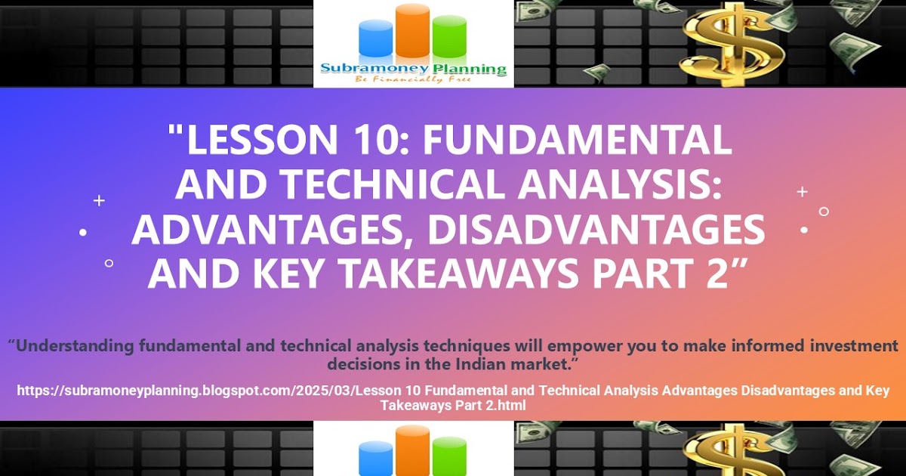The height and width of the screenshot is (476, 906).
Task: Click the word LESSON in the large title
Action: [262, 139]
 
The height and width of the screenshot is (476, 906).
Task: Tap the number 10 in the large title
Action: [379, 139]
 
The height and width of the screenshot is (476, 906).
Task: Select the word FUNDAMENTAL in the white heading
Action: [577, 139]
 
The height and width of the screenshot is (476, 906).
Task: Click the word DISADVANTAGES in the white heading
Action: [596, 229]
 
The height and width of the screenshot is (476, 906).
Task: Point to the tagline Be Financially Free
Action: [413, 79]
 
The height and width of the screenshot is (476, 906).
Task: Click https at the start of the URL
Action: [33, 391]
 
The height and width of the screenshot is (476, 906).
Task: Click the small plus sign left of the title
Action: [99, 200]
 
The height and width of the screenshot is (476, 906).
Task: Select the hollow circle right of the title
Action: [824, 212]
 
